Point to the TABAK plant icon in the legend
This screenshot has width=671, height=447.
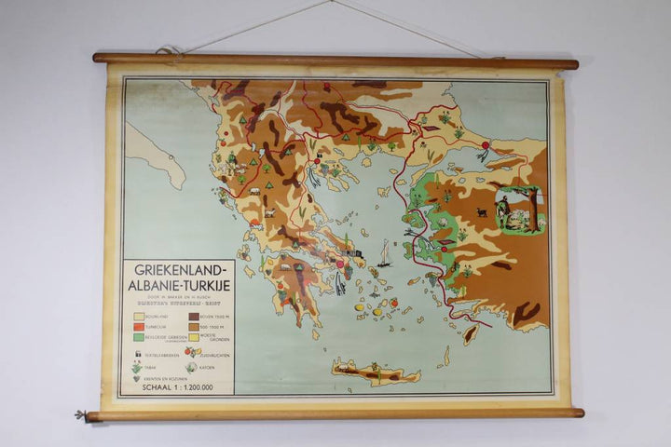pyautogui.click(x=136, y=367)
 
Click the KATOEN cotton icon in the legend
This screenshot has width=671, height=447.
pyautogui.click(x=191, y=367)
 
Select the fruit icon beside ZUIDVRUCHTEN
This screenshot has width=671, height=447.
pyautogui.click(x=191, y=352)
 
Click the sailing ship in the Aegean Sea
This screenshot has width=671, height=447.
pyautogui.click(x=384, y=253)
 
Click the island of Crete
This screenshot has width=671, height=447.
pyautogui.click(x=373, y=372)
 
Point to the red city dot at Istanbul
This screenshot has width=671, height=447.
pyautogui.click(x=485, y=145)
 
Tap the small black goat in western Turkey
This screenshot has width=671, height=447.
pyautogui.click(x=481, y=212)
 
